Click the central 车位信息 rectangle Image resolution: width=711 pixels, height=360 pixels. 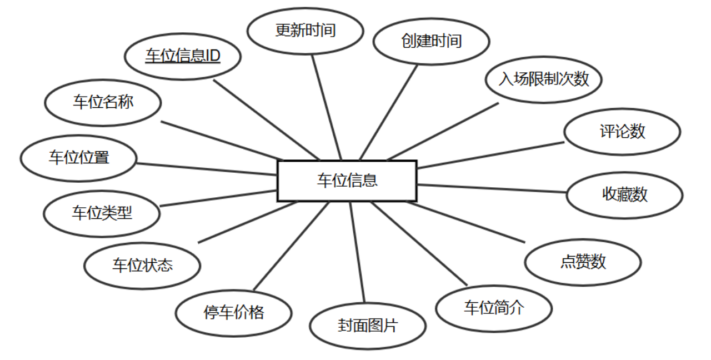tap(347, 181)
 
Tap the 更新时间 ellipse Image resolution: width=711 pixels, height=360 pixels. tap(306, 30)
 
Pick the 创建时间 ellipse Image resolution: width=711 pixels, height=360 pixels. tap(432, 41)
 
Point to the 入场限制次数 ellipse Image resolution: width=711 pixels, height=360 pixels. tap(544, 79)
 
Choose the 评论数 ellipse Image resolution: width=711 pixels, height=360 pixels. tap(622, 132)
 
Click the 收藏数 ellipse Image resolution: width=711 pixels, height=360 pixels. tap(625, 194)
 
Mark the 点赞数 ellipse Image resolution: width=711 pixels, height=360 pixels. tap(583, 262)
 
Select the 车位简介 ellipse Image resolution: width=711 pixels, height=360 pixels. tap(494, 308)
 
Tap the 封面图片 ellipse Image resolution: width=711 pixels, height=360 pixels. tap(368, 326)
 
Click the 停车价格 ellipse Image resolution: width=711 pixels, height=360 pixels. tap(234, 312)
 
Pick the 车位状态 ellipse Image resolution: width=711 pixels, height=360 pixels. tap(142, 265)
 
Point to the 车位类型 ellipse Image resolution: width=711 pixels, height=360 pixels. tap(102, 213)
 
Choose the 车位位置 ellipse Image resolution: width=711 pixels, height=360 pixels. tap(78, 158)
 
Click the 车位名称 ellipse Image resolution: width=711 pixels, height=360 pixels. tap(103, 102)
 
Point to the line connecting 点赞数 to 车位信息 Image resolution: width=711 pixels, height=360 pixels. tap(467, 222)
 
